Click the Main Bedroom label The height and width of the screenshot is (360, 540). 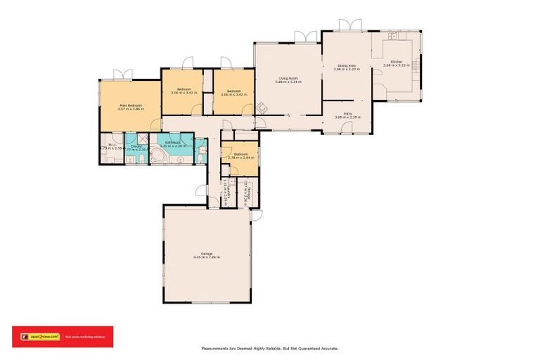click(131, 105)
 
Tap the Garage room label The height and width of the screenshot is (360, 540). click(206, 253)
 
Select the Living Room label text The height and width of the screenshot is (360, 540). click(288, 78)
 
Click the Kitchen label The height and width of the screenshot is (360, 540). click(396, 62)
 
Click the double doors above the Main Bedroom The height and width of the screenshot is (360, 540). click(123, 74)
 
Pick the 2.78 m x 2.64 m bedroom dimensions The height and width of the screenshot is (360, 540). click(240, 157)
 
